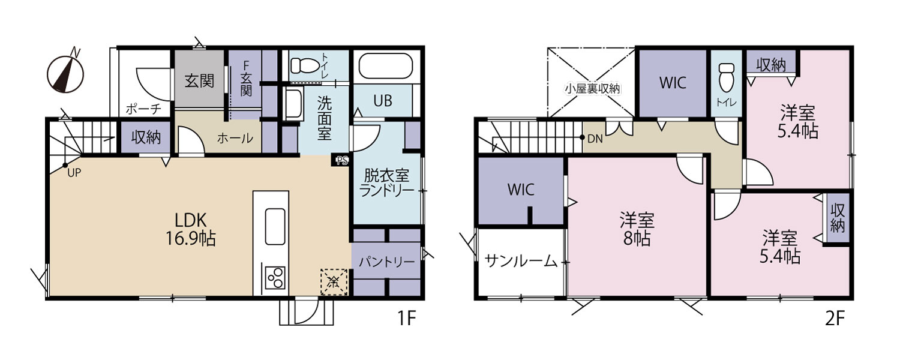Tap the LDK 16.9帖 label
pos(191,229)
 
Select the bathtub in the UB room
pos(386,66)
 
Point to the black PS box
pos(340,160)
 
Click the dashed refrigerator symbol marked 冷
pos(334,282)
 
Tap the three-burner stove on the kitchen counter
pos(275,278)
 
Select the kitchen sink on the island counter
pos(275,226)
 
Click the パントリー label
pos(386,262)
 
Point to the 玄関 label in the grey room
pos(199,82)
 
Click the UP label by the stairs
pos(74,173)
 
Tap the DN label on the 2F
pos(595,139)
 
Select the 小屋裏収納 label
pos(593,89)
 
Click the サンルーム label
pos(521,262)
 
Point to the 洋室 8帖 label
pos(637,229)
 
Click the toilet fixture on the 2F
pos(727,77)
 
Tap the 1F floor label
pos(406,319)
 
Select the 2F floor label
pos(835,319)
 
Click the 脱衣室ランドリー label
pos(386,183)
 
